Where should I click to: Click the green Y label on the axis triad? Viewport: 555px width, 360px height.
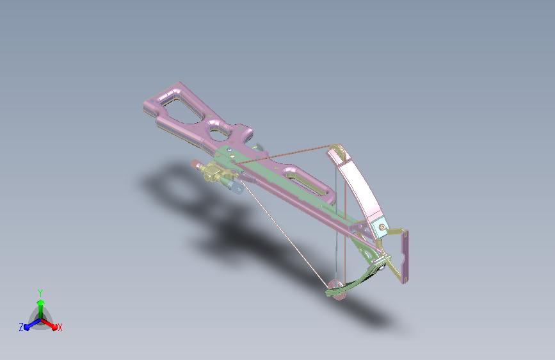pyautogui.click(x=40, y=293)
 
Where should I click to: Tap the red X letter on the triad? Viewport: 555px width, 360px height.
pyautogui.click(x=60, y=327)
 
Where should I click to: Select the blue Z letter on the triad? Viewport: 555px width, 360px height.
pyautogui.click(x=21, y=327)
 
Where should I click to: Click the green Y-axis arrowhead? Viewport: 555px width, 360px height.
pyautogui.click(x=41, y=303)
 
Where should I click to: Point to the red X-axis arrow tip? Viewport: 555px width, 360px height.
pyautogui.click(x=54, y=327)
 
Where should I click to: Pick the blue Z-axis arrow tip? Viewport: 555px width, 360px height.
pyautogui.click(x=26, y=327)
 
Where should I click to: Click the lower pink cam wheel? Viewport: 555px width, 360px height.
pyautogui.click(x=337, y=289)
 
